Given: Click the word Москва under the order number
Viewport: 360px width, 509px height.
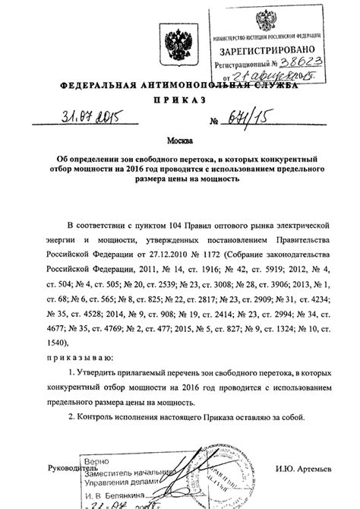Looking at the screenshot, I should click(x=179, y=141).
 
